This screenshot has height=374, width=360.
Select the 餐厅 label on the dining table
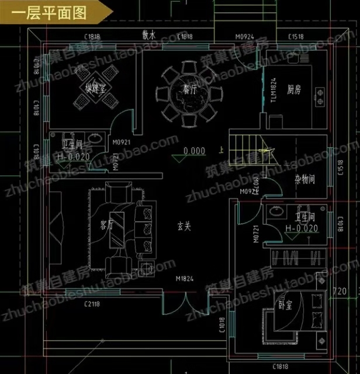coord(188,91)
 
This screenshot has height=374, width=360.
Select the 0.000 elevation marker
coord(194,151)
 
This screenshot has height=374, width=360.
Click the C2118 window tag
coord(93,303)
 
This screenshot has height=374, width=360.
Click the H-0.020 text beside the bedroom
coord(302,228)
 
